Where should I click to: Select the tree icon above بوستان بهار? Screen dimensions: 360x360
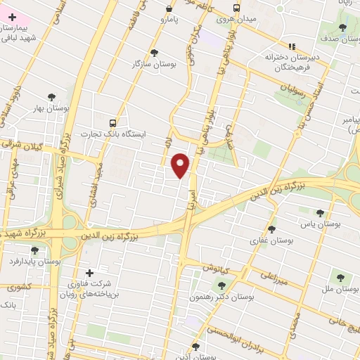point(51,97)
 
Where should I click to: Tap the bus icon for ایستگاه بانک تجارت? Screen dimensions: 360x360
point(114,122)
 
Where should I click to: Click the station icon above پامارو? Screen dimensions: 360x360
point(169,9)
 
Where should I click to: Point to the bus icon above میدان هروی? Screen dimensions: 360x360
point(237,9)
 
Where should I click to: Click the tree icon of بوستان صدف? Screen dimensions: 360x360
point(342,28)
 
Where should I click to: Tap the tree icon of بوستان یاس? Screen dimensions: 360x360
point(321,213)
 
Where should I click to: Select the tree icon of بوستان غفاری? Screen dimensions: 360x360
point(272,229)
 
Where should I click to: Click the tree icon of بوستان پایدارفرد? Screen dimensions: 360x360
point(34,250)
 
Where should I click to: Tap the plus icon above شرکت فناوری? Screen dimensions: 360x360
point(89,273)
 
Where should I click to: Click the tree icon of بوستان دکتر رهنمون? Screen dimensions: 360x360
point(223,285)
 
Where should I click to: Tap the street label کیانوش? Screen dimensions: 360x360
point(214,269)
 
